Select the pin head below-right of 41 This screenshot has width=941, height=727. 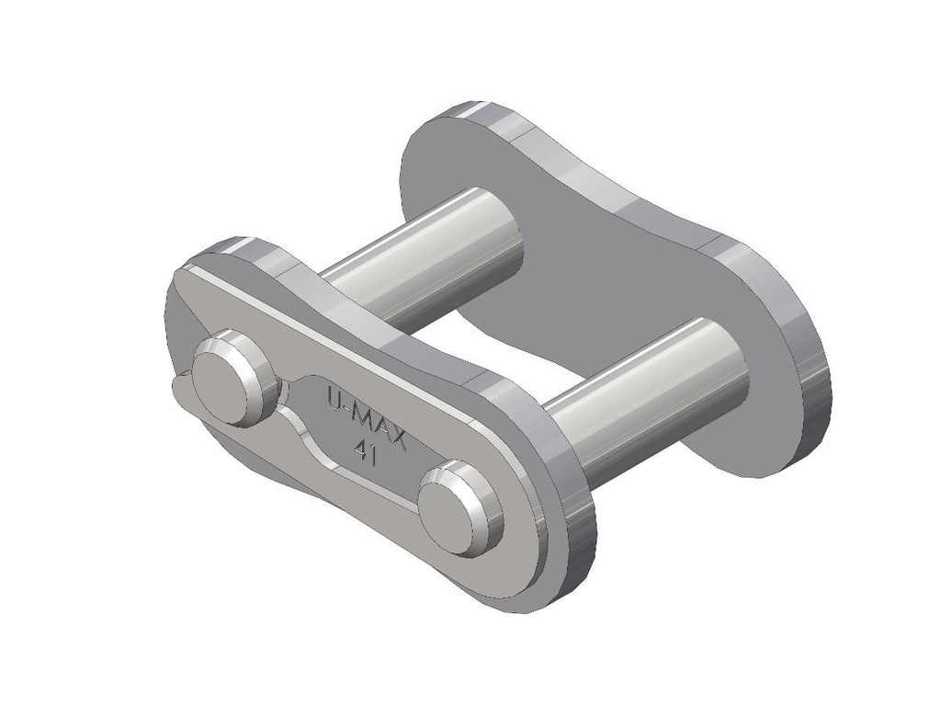pyautogui.click(x=457, y=508)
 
